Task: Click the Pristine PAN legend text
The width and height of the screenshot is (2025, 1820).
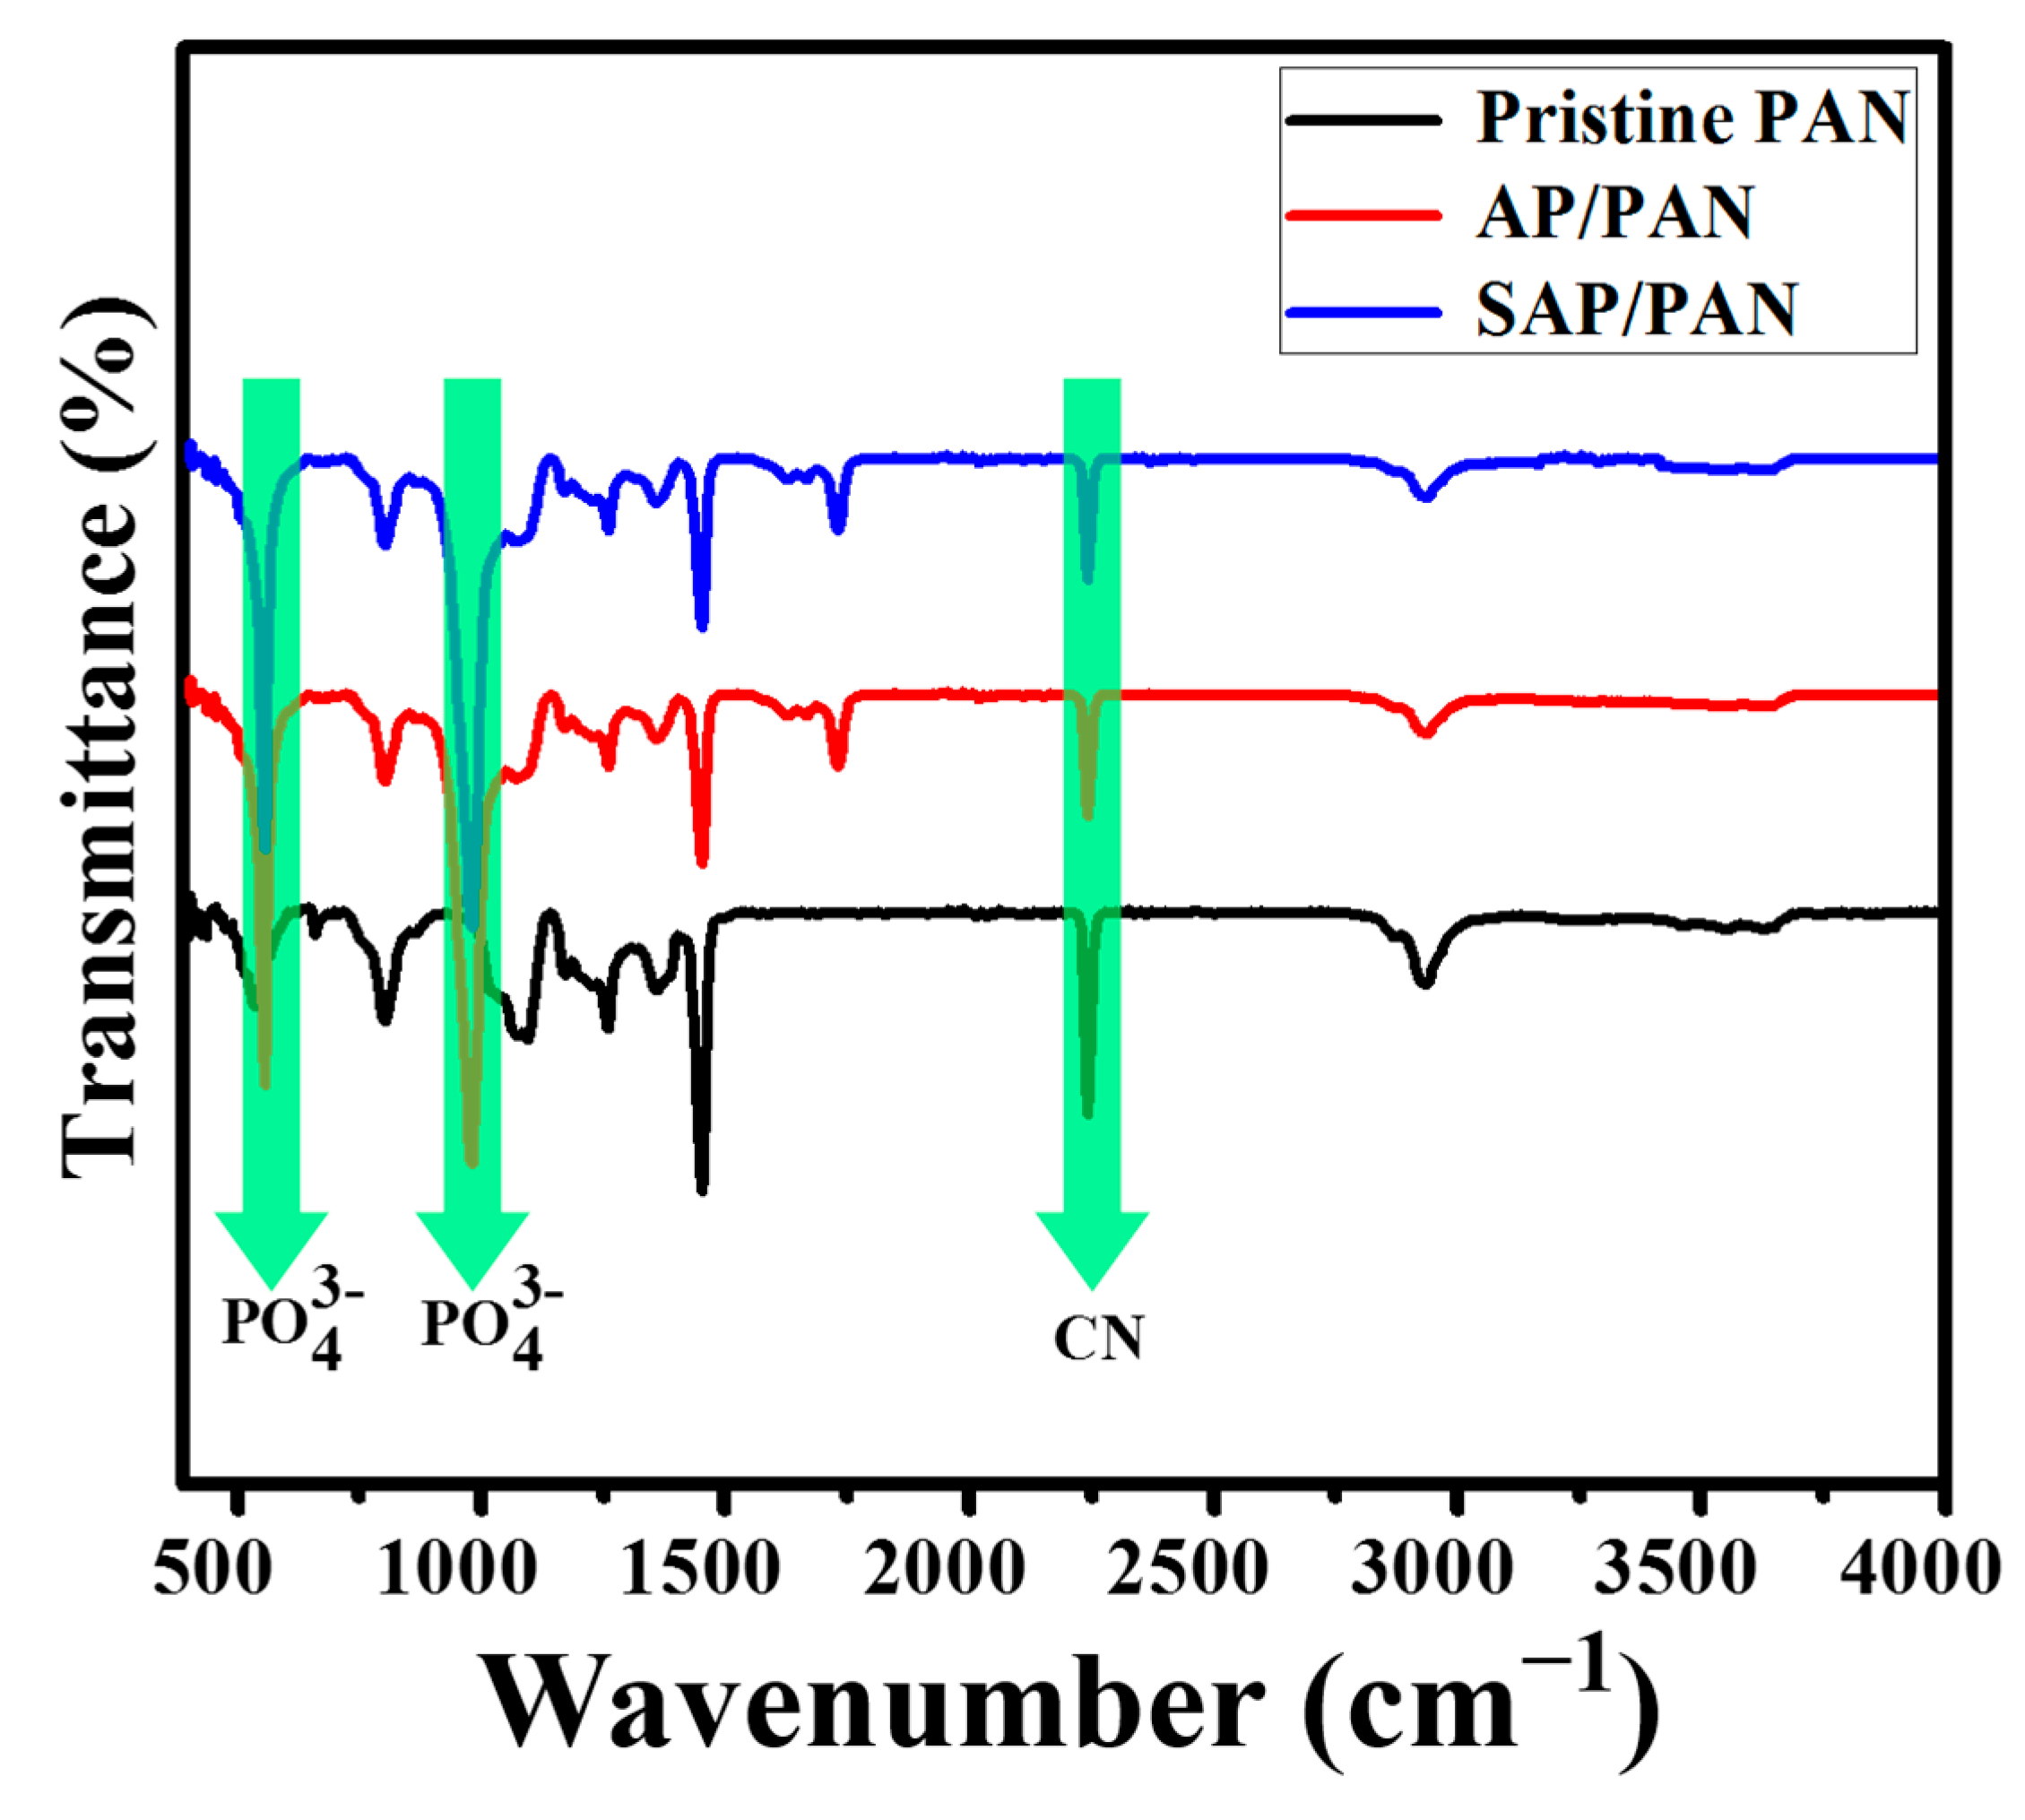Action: click(x=1692, y=119)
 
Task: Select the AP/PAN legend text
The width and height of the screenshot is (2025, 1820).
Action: click(x=1614, y=214)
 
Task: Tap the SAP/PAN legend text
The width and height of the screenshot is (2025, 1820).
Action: click(x=1636, y=310)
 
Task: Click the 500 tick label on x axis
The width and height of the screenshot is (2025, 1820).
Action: click(x=212, y=1568)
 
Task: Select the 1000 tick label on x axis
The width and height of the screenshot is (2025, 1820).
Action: click(x=457, y=1568)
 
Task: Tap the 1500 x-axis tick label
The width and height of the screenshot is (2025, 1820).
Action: click(x=700, y=1568)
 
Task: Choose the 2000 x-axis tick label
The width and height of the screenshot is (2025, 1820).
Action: click(x=944, y=1568)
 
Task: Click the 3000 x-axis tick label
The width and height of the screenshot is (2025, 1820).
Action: click(x=1432, y=1568)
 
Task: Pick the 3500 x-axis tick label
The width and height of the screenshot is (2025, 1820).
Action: click(x=1675, y=1568)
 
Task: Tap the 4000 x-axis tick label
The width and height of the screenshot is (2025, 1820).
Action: click(x=1920, y=1568)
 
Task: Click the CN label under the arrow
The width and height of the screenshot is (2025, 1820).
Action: click(x=1098, y=1338)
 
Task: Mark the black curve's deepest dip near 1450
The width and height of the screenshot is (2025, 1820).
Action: click(x=702, y=1188)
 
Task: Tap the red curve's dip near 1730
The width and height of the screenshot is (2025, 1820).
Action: click(x=838, y=765)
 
